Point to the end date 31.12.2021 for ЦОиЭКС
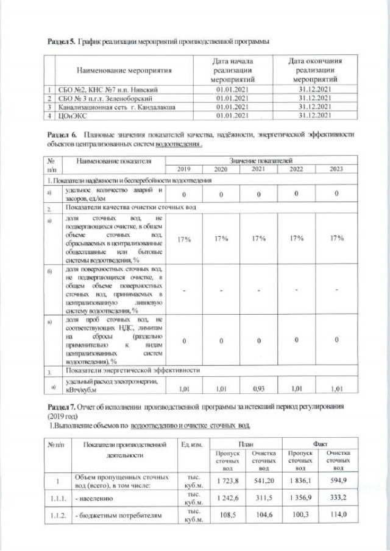pyautogui.click(x=314, y=114)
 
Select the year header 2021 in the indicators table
pyautogui.click(x=260, y=169)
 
